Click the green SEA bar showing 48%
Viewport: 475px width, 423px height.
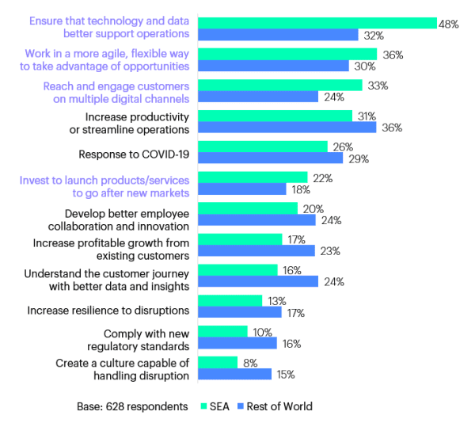(x=317, y=23)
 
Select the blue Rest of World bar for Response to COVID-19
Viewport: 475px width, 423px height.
(x=270, y=158)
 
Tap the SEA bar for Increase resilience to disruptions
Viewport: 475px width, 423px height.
(x=230, y=301)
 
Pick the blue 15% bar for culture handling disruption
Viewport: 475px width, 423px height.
(x=234, y=374)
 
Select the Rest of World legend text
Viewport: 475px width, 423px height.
(x=280, y=407)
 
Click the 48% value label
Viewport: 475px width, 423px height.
(x=449, y=24)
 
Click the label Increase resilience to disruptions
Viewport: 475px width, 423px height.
(x=108, y=310)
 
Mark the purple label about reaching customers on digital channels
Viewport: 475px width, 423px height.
(x=116, y=92)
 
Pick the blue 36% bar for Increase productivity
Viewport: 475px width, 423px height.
(x=287, y=128)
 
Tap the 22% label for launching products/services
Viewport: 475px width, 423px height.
(x=323, y=177)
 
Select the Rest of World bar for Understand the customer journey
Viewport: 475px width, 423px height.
(x=257, y=281)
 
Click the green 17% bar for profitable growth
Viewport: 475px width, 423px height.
(x=240, y=239)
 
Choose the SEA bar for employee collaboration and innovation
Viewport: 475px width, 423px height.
(x=247, y=208)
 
